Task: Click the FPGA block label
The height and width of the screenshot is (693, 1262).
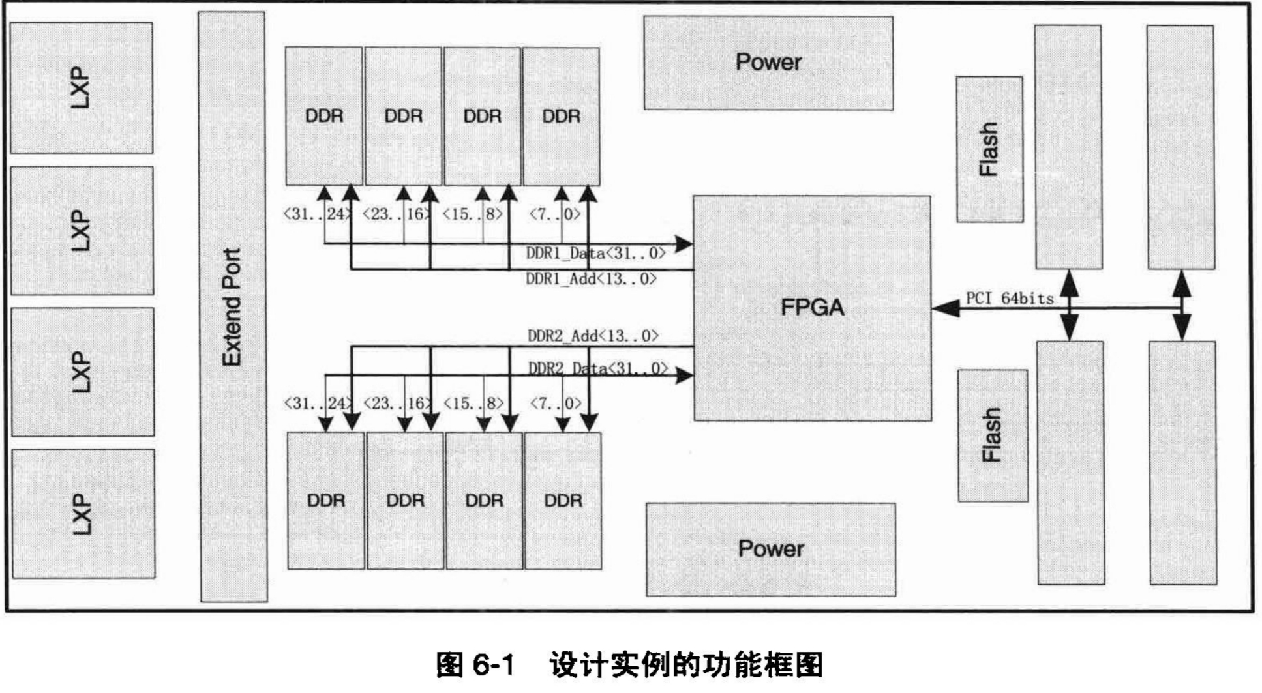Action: tap(812, 307)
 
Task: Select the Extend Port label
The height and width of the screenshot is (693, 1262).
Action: tap(232, 307)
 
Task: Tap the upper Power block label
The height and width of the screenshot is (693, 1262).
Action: tap(768, 63)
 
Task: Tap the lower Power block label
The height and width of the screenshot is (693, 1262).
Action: tap(770, 549)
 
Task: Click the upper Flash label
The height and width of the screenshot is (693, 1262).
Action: tap(989, 149)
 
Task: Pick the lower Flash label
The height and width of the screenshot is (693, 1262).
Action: tap(991, 435)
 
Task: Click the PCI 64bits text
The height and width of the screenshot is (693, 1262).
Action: tap(1010, 299)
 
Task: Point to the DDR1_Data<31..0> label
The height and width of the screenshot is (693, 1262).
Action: tap(595, 253)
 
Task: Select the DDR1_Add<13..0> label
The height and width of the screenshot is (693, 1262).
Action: tap(591, 279)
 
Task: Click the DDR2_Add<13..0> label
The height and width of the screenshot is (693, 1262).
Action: tap(593, 336)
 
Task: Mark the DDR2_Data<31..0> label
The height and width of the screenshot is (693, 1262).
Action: tap(597, 368)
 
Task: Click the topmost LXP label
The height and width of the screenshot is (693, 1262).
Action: tap(81, 87)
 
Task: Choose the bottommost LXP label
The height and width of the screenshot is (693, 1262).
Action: tap(82, 514)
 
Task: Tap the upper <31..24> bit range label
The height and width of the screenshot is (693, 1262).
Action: tap(318, 214)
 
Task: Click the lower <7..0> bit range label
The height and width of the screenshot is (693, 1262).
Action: tap(555, 404)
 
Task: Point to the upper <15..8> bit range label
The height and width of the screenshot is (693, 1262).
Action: tap(473, 214)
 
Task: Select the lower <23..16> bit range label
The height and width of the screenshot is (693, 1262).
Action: tap(397, 404)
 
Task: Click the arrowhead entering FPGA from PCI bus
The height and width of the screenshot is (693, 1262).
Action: tap(945, 308)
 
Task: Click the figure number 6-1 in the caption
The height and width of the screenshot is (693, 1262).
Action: tap(494, 666)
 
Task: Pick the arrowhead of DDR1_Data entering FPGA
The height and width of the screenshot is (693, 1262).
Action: tap(683, 244)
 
